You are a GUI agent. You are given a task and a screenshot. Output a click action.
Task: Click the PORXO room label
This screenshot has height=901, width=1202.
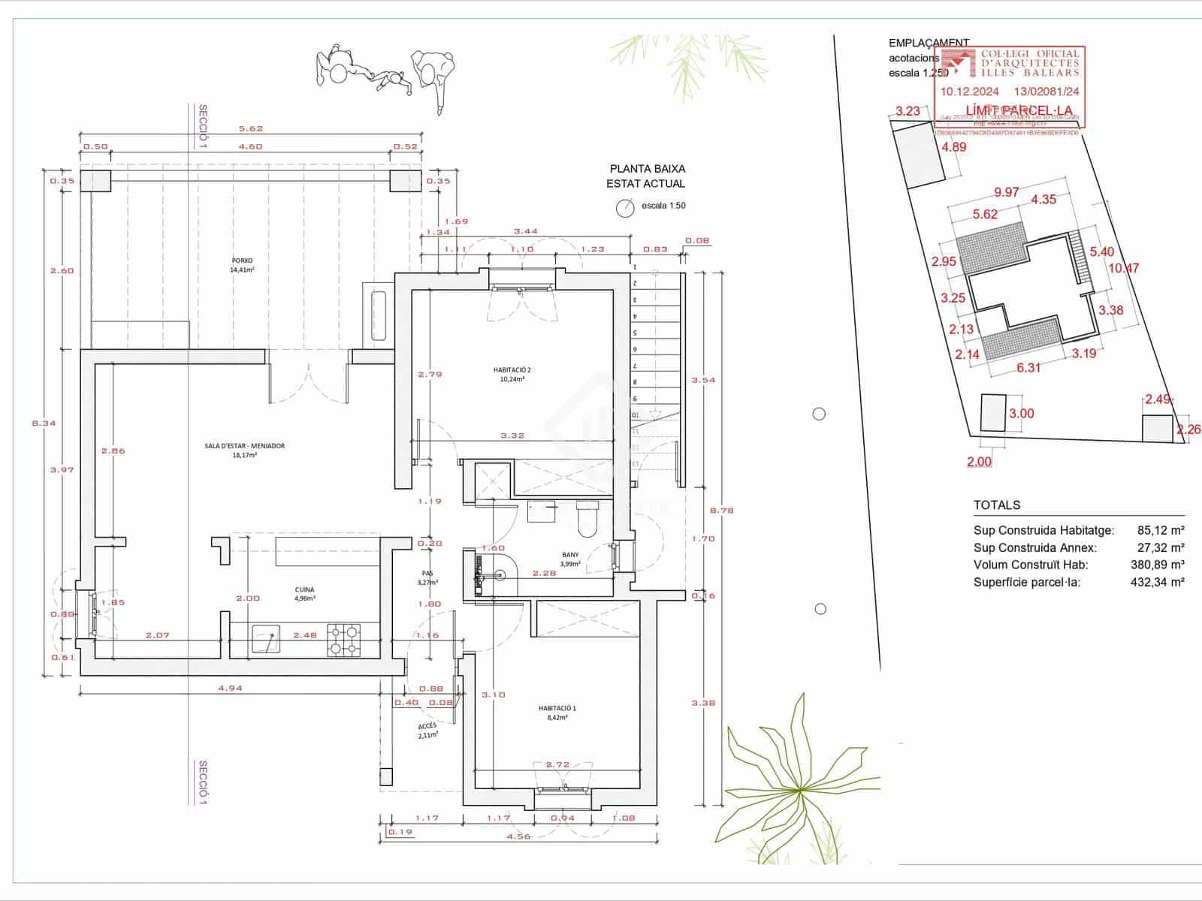(x=242, y=261)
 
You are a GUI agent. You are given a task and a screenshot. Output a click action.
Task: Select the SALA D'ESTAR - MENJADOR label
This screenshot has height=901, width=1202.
(x=245, y=446)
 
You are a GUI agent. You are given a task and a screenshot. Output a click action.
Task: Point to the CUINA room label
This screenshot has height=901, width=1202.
(x=304, y=589)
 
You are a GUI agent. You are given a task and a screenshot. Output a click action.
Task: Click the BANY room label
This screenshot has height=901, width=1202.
(x=570, y=556)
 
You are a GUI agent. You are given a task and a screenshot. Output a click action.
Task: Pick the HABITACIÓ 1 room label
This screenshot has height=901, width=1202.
(x=557, y=708)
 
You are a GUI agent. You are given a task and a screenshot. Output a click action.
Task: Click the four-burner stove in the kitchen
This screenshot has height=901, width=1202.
(x=344, y=640)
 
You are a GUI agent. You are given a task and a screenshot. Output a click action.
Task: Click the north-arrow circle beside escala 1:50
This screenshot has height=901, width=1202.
(x=625, y=208)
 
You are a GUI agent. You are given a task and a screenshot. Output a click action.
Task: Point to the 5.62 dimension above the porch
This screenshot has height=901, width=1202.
(x=251, y=128)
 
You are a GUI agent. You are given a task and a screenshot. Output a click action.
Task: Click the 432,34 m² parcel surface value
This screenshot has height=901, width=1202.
(x=1157, y=582)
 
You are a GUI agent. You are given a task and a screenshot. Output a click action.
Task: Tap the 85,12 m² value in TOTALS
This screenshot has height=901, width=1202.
(x=1161, y=530)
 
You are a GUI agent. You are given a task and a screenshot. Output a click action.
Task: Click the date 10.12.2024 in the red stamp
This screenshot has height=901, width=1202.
(x=970, y=92)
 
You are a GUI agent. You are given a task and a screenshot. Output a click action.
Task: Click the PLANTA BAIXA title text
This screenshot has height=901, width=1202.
(x=647, y=170)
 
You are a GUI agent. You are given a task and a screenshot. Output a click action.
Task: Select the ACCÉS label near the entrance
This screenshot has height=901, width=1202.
(x=427, y=726)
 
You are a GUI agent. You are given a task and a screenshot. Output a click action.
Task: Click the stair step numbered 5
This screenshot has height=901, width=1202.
(x=635, y=333)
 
